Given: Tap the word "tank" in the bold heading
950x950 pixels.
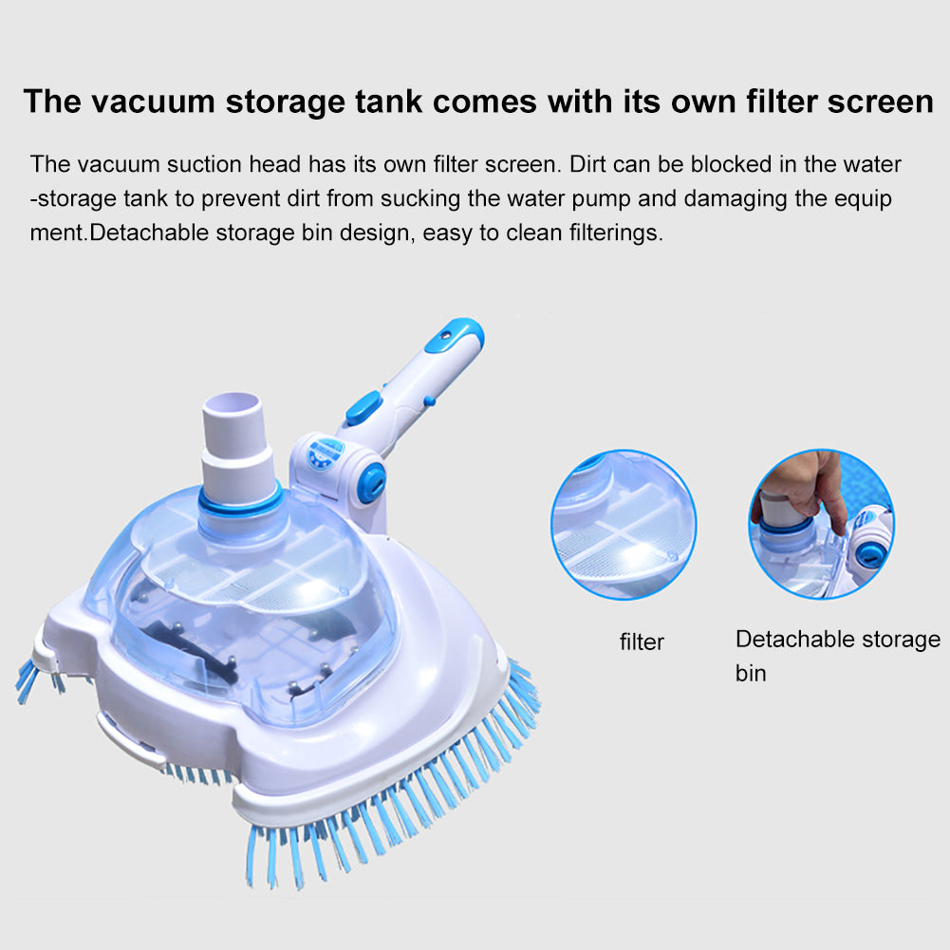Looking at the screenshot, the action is tap(389, 101).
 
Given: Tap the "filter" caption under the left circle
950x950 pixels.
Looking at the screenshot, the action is tap(642, 642).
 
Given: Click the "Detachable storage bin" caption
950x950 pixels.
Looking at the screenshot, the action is tap(837, 656).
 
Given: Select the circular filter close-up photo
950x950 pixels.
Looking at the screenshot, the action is tap(624, 524).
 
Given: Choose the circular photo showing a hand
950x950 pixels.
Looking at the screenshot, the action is tap(821, 524).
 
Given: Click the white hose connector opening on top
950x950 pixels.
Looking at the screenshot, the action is tap(233, 403).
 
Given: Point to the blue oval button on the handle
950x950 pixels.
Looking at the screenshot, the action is tap(363, 407).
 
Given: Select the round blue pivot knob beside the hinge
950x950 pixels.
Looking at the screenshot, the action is tap(371, 482).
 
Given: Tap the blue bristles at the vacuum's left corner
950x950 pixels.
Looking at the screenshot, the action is tap(36, 680).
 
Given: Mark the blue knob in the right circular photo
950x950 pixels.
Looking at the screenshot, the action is tap(868, 554).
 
